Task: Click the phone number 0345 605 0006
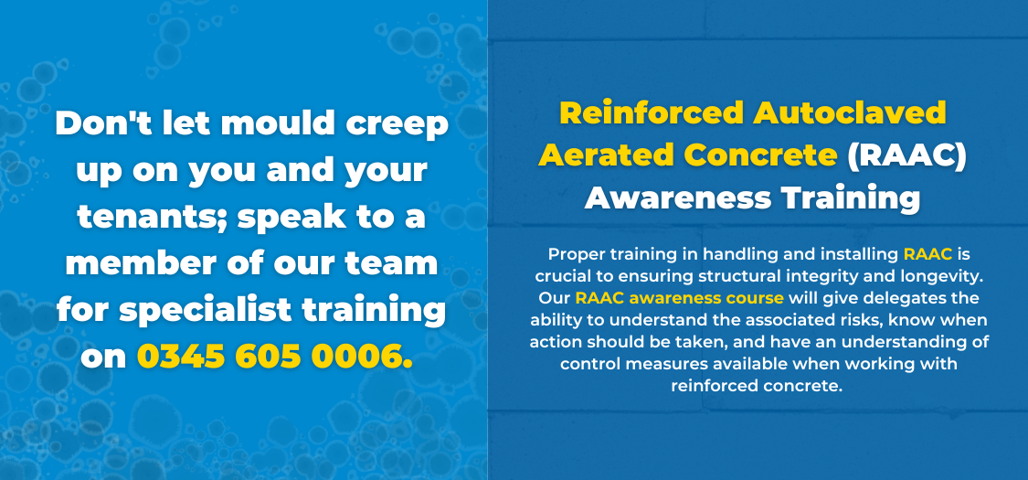click(x=275, y=356)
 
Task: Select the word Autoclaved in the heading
click(x=850, y=112)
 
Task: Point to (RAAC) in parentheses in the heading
click(x=906, y=155)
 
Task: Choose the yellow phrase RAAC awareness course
click(x=679, y=298)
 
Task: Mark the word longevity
click(x=950, y=277)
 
